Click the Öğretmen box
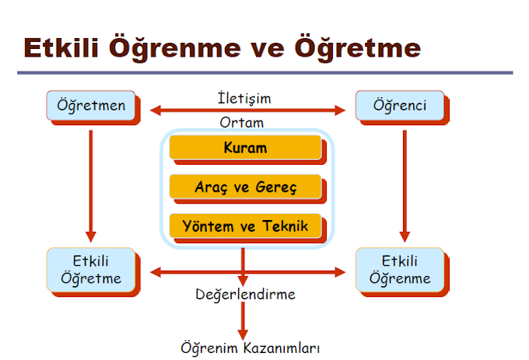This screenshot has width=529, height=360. [91, 106]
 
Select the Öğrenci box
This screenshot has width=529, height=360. [399, 106]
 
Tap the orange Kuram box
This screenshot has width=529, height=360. [245, 148]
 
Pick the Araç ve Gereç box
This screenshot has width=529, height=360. [245, 187]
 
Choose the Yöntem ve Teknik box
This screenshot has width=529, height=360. [245, 226]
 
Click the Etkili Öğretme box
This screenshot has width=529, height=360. [91, 270]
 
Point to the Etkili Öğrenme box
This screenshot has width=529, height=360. [399, 270]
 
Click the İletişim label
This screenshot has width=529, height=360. [244, 99]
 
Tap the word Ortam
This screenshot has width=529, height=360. [242, 122]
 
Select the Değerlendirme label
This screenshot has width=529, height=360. [244, 295]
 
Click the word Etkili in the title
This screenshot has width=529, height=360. [63, 47]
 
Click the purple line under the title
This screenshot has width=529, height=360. [264, 73]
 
